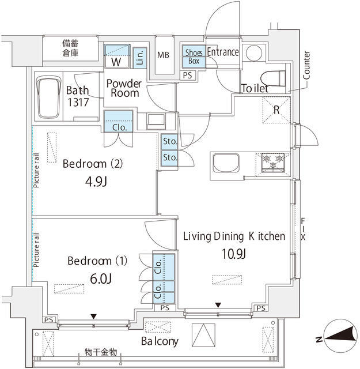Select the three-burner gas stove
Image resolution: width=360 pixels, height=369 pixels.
click(273, 161)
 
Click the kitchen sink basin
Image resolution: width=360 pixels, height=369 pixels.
click(226, 163)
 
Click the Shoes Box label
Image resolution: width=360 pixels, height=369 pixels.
click(194, 57)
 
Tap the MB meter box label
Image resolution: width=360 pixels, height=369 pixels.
click(163, 55)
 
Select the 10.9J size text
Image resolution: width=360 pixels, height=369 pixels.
click(234, 254)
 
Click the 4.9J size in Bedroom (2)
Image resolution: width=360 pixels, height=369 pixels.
click(96, 182)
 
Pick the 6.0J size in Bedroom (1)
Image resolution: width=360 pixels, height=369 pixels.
click(101, 278)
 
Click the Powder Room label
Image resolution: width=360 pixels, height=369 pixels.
click(124, 88)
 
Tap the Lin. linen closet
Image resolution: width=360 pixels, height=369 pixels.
click(140, 58)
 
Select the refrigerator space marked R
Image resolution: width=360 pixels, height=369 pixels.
click(276, 110)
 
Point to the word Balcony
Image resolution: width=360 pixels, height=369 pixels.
click(160, 341)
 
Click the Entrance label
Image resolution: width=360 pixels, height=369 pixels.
click(223, 52)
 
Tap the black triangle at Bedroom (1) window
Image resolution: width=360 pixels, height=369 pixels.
click(93, 317)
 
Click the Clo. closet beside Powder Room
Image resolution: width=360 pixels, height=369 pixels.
click(119, 122)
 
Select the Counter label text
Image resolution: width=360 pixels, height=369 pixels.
click(306, 65)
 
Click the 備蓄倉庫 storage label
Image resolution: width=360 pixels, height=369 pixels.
click(70, 48)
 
